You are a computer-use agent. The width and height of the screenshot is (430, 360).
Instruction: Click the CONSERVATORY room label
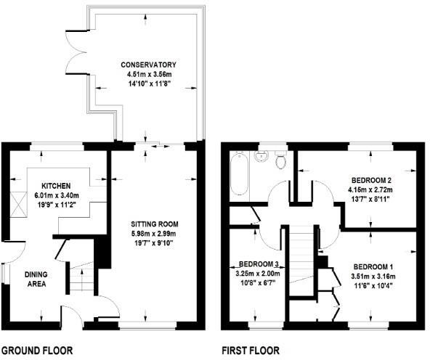point(147,65)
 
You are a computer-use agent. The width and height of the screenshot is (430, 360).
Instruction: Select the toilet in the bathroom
point(282,159)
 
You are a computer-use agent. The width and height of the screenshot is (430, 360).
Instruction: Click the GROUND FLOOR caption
point(36,350)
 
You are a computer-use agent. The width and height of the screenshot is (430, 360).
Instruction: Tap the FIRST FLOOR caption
point(250,350)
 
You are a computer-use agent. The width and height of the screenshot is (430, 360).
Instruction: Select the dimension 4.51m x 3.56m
point(147,74)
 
